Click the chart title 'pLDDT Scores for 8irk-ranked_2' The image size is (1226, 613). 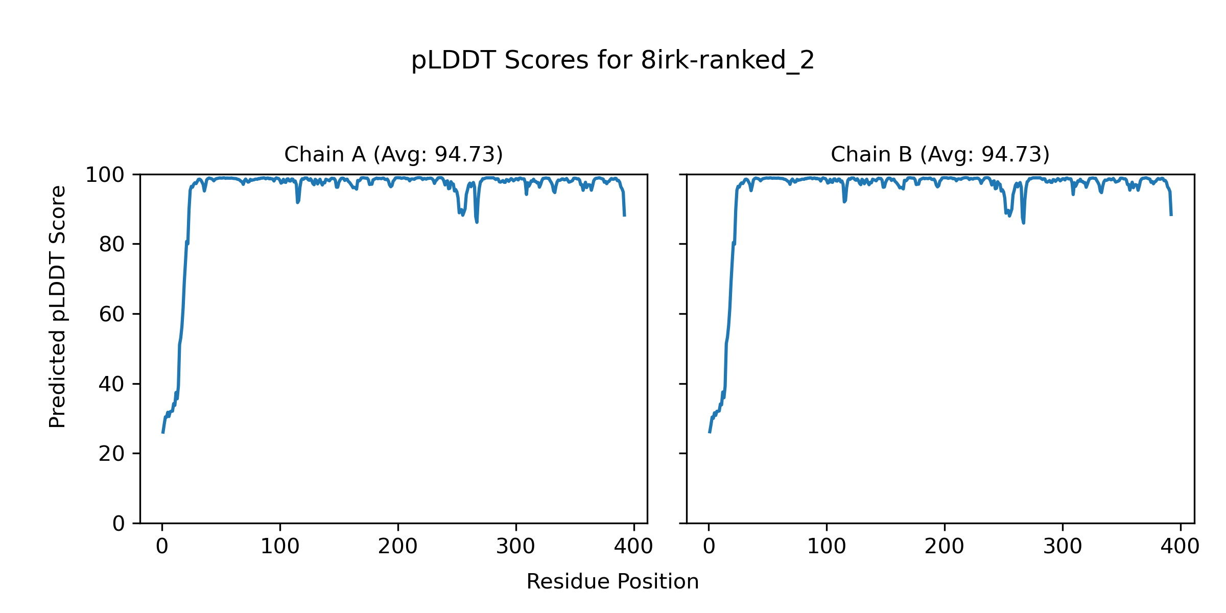click(612, 61)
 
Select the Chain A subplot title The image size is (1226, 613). click(393, 154)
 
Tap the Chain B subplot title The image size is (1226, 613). click(940, 154)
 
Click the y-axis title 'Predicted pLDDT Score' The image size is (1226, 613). click(58, 306)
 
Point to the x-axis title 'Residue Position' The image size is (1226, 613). click(612, 582)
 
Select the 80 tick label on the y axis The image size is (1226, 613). click(112, 245)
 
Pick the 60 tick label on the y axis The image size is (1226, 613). click(112, 314)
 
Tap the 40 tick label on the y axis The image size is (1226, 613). click(112, 384)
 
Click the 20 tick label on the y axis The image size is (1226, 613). click(112, 454)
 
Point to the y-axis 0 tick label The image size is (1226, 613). click(119, 524)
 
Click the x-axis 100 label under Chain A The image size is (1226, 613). click(280, 547)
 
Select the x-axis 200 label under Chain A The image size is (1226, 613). click(398, 547)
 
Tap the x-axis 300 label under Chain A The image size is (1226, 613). click(516, 547)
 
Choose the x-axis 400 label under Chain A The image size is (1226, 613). click(633, 547)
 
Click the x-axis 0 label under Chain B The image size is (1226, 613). click(709, 547)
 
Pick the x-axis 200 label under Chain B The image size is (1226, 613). click(945, 547)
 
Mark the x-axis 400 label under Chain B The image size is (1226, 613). click(1180, 547)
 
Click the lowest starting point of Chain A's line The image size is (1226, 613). click(163, 432)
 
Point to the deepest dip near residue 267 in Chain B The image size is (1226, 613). click(1024, 223)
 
